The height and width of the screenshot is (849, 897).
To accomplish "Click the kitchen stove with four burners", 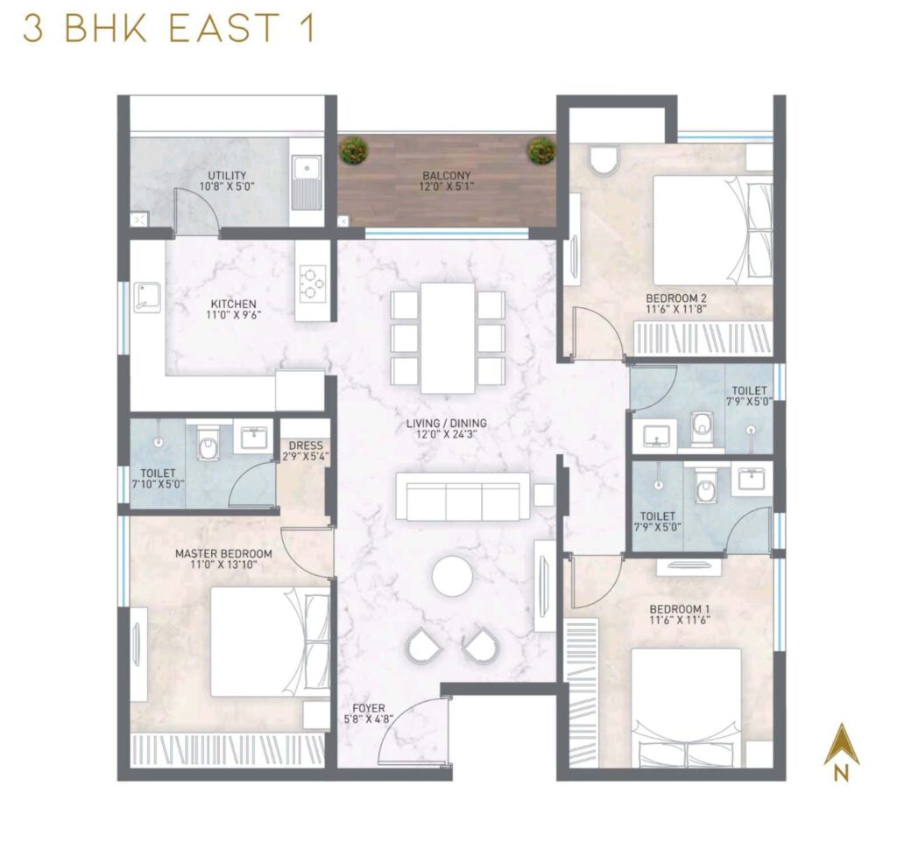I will coord(313,282).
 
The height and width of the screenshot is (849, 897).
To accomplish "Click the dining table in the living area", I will coord(447,337).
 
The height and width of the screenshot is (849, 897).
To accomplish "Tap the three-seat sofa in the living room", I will coord(463,497).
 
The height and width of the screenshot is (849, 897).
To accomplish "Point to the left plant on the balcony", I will coord(353,150).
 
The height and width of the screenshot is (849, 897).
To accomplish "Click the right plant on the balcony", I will coord(540,150).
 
